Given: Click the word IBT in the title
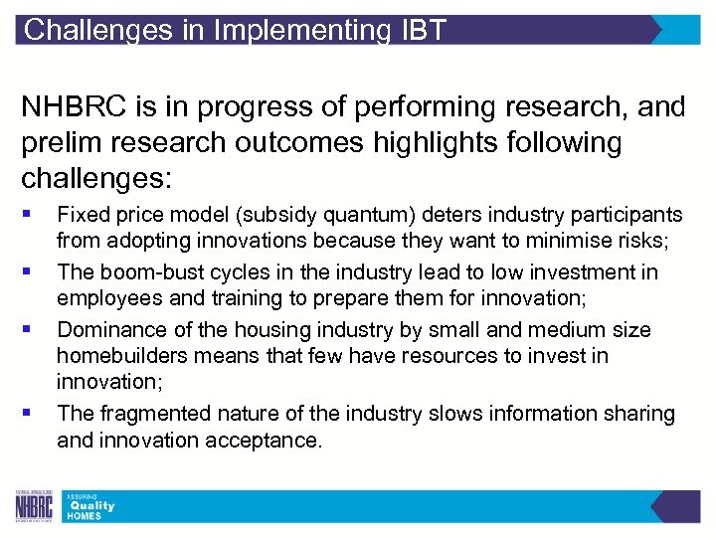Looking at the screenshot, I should pos(424,30).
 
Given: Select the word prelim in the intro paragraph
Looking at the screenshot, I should pos(61,143).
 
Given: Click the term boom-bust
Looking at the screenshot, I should pos(141,271).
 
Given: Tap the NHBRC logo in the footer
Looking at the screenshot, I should pos(34,507).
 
